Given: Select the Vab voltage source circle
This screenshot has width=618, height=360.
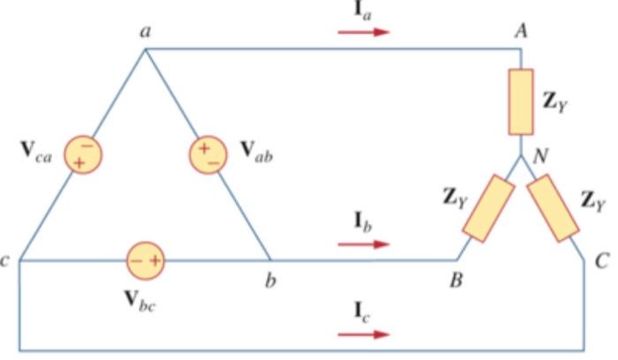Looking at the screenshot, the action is tap(207, 155).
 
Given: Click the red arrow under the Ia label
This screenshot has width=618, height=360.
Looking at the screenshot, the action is tap(363, 33).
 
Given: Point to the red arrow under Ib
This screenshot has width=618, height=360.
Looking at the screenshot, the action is tap(363, 243).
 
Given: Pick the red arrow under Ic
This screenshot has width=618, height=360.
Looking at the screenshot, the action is tap(363, 334).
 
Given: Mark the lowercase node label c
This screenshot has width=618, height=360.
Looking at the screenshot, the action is tap(7, 261).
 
